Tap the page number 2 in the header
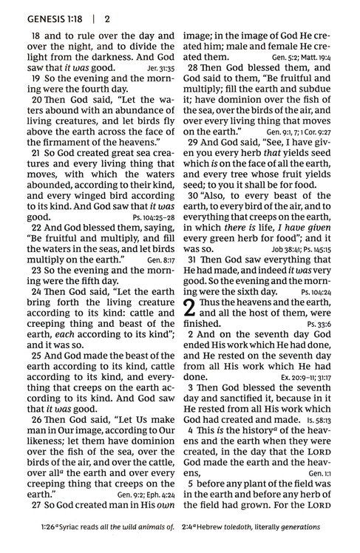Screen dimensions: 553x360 click(107, 16)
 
